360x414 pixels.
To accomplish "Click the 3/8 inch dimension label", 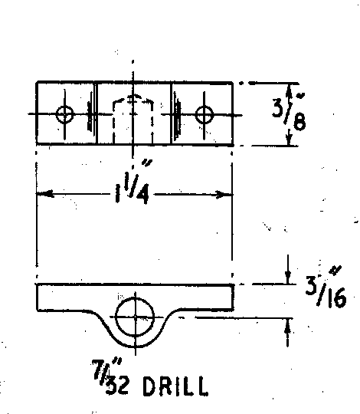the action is pyautogui.click(x=289, y=113).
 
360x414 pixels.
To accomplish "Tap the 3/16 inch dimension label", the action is pyautogui.click(x=326, y=287).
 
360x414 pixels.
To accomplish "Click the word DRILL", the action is pyautogui.click(x=175, y=386).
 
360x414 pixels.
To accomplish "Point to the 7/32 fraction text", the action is pyautogui.click(x=110, y=376).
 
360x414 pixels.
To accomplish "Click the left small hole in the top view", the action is pyautogui.click(x=64, y=114).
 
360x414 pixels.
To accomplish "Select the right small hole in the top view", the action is pyautogui.click(x=205, y=115).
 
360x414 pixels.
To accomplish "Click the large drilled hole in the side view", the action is pyautogui.click(x=135, y=317).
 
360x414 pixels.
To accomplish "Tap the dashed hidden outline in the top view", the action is pyautogui.click(x=133, y=99).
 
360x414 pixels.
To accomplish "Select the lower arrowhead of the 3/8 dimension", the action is pyautogui.click(x=290, y=139).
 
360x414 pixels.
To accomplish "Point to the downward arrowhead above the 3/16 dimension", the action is pyautogui.click(x=288, y=278).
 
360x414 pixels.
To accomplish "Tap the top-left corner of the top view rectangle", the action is pyautogui.click(x=37, y=83).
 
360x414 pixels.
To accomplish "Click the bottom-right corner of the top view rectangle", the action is pyautogui.click(x=233, y=145).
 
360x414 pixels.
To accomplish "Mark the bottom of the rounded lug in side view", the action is pyautogui.click(x=135, y=346).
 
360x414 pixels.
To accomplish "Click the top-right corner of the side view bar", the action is pyautogui.click(x=234, y=284).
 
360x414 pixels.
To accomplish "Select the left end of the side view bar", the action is pyautogui.click(x=37, y=297).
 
